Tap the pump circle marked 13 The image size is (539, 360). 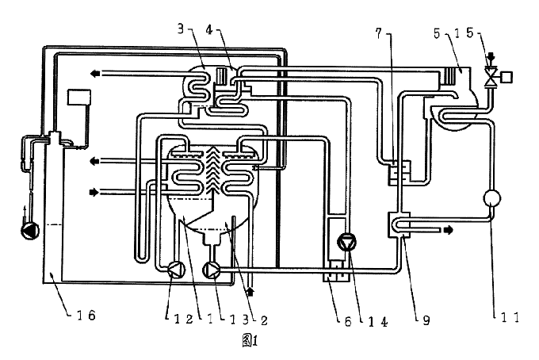pyautogui.click(x=212, y=270)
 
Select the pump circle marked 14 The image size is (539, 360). pyautogui.click(x=346, y=242)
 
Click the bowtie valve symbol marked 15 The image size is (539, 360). pyautogui.click(x=491, y=77)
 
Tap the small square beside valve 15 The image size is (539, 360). pyautogui.click(x=507, y=77)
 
